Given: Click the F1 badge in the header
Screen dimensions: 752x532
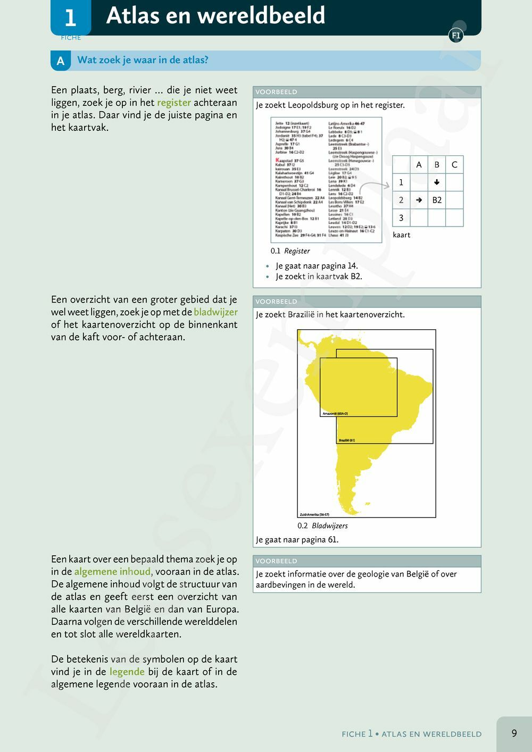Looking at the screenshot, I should [x=456, y=36].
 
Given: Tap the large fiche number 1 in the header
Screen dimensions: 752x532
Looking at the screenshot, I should [x=70, y=18].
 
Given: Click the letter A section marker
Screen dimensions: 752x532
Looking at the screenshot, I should [x=61, y=61].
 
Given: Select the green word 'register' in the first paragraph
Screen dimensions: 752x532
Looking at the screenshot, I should [x=174, y=103].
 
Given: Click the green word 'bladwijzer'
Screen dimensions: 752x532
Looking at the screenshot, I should [x=215, y=312].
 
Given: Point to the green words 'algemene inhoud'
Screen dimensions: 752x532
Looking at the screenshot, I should [x=112, y=572].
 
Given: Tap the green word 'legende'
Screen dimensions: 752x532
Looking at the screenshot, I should [x=127, y=672].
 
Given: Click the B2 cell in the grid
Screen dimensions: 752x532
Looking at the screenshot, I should [x=437, y=200].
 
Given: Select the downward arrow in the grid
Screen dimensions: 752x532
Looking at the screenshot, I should [x=437, y=182].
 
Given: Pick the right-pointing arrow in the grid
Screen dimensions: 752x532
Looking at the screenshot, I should [x=419, y=200].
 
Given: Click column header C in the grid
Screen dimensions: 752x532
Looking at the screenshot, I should [x=454, y=165].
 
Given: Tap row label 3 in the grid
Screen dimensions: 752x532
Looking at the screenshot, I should [x=401, y=218].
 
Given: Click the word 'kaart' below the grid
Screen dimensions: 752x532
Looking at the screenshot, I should [x=402, y=235].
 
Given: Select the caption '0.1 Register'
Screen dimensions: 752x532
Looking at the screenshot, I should [x=290, y=251].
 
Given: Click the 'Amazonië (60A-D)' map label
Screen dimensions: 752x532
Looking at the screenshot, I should [x=335, y=413].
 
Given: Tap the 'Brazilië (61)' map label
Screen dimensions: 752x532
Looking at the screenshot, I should [x=347, y=440].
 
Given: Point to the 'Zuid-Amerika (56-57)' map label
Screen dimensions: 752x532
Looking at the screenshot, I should [x=314, y=514].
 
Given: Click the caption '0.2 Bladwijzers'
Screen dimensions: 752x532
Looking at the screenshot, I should [x=322, y=526].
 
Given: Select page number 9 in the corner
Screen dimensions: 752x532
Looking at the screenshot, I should [x=514, y=733].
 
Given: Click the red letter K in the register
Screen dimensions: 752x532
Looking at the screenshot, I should [x=277, y=160].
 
